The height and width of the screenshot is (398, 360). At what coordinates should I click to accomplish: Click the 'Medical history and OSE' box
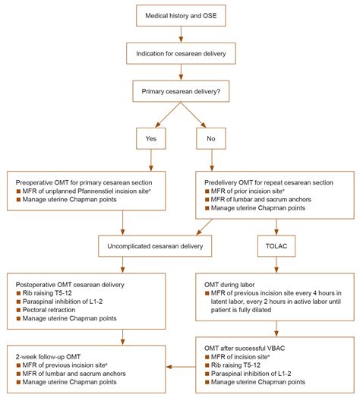pyautogui.click(x=180, y=14)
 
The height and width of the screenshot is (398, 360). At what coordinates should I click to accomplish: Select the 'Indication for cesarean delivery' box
pyautogui.click(x=180, y=53)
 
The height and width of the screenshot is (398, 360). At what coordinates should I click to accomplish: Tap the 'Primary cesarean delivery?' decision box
pyautogui.click(x=180, y=93)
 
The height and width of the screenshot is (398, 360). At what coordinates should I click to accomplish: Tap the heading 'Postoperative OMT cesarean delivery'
pyautogui.click(x=72, y=283)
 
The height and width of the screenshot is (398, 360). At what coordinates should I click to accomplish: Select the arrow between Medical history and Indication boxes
pyautogui.click(x=180, y=33)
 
